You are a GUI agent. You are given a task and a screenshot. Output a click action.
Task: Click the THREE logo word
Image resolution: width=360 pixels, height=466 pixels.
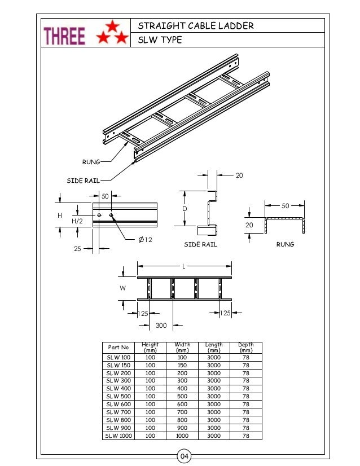tap(65, 36)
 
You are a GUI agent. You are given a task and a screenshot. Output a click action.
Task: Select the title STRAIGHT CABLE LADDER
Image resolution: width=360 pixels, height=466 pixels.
tap(196, 26)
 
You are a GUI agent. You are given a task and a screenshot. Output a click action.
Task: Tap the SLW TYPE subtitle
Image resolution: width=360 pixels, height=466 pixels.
tap(160, 40)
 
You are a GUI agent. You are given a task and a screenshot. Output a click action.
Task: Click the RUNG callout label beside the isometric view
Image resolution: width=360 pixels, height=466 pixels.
tap(91, 162)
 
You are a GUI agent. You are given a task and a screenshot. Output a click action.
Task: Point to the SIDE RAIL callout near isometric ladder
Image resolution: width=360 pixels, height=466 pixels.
tap(83, 181)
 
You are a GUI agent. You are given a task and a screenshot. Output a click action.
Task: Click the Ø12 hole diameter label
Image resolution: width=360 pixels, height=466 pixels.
tap(145, 240)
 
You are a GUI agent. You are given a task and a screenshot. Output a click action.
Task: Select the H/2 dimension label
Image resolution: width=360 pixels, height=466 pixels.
tap(77, 222)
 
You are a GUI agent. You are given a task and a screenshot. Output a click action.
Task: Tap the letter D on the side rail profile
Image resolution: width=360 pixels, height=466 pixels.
tap(185, 209)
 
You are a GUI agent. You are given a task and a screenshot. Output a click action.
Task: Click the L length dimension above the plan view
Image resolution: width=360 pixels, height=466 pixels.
tap(184, 265)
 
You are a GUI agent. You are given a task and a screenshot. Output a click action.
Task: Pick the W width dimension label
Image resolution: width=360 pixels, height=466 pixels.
tap(123, 288)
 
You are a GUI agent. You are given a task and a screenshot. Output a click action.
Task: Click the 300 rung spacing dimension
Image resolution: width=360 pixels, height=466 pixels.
tap(161, 326)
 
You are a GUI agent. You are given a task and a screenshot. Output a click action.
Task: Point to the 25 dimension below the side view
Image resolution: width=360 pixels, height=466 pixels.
tap(78, 249)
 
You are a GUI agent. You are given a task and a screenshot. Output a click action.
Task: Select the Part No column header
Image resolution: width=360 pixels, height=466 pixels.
tap(118, 348)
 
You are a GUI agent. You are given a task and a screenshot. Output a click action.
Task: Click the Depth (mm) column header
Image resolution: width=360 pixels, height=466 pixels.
tap(246, 348)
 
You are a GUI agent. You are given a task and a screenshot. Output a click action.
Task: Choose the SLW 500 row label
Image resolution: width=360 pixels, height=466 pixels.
tap(118, 397)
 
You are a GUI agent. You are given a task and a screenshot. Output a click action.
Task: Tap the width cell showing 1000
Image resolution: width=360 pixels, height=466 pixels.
tap(182, 436)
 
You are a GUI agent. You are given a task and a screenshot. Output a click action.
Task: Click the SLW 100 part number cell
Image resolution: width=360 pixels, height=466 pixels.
tap(118, 358)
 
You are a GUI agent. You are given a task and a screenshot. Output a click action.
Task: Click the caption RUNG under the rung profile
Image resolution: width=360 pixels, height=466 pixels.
tap(284, 245)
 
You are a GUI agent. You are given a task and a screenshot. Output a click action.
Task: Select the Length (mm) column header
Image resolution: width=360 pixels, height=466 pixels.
tap(214, 348)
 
